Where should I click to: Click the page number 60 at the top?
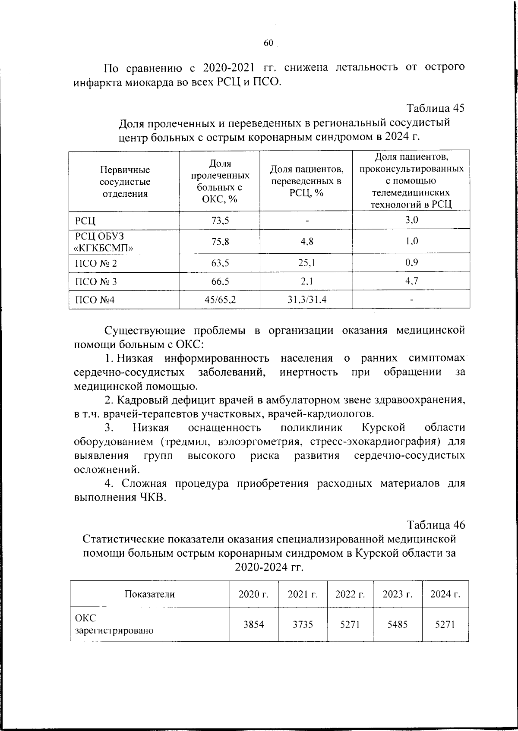pos(268,43)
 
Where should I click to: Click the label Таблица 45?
pos(435,108)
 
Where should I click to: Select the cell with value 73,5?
pos(220,221)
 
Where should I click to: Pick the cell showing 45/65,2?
pos(220,299)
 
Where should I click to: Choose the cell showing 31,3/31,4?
pos(306,299)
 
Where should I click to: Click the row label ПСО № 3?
pos(96,282)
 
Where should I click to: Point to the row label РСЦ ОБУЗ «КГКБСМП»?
pos(104,242)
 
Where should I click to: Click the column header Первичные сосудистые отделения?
pos(125,182)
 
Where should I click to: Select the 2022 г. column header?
pos(350,594)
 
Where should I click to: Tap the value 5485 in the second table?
pos(398,624)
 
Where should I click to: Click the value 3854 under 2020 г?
pos(253,624)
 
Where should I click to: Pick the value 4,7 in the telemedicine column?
pos(411,281)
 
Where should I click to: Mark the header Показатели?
pos(149,594)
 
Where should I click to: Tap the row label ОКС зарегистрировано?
pos(114,624)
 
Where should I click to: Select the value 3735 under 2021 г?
pos(303,624)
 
